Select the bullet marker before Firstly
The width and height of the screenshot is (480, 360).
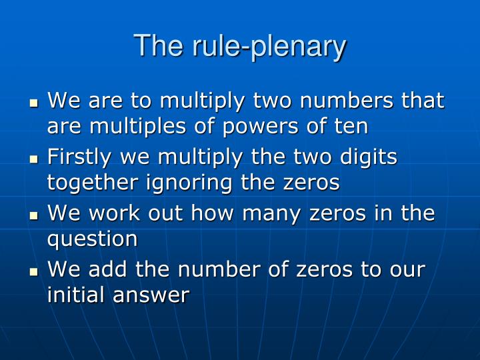[x=35, y=160]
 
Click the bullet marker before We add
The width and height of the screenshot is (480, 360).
[x=35, y=273]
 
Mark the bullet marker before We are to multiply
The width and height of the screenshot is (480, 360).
[x=35, y=103]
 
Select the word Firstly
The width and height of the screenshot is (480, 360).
[x=82, y=158]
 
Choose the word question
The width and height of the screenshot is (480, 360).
[x=92, y=239]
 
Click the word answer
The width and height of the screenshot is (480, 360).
[x=157, y=295]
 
